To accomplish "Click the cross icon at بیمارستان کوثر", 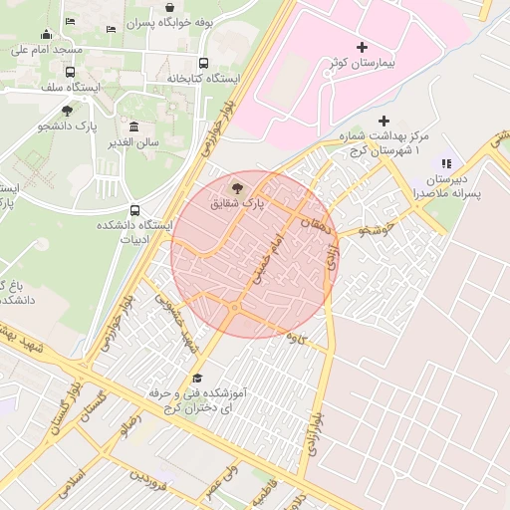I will (x=361, y=47).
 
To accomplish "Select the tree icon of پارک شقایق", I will (x=236, y=187).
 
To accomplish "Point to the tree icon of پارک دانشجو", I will (x=67, y=111).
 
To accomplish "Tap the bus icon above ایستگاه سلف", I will (x=70, y=72).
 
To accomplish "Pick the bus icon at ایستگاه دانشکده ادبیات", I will (x=134, y=210).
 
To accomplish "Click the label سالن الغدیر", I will (x=134, y=142).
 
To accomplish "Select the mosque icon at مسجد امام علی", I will (x=46, y=36).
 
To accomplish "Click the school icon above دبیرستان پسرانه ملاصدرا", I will (x=445, y=162).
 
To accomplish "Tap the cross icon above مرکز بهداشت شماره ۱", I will (x=383, y=121).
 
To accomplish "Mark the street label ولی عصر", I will (x=220, y=482).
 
